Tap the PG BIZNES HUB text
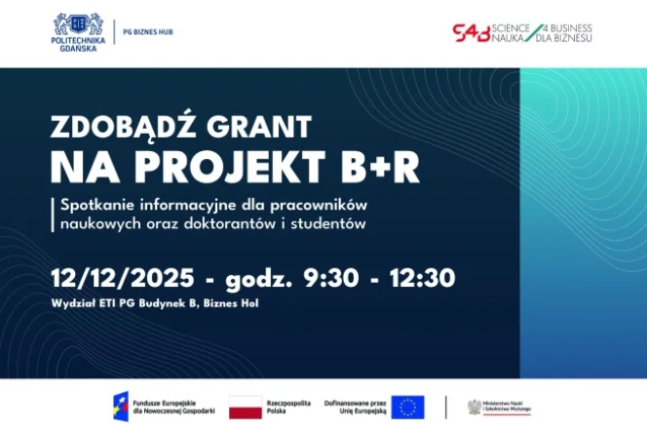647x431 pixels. tap(147, 31)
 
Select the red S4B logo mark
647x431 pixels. tap(472, 32)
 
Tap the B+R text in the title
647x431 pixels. tap(380, 167)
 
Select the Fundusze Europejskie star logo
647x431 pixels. tap(121, 406)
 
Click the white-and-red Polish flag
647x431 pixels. tap(246, 406)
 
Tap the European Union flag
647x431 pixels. tap(408, 406)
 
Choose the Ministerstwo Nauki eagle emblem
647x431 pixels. tap(475, 406)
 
